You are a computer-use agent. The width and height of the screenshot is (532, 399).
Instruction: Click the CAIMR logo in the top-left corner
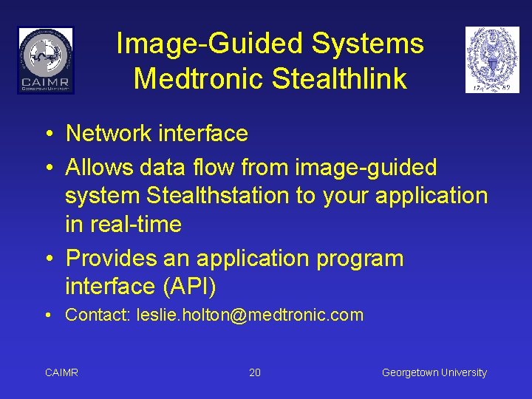pos(46,60)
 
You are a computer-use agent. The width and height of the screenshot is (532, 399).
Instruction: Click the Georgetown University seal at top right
pos(492,60)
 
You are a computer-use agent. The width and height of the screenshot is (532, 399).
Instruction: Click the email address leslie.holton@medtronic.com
pos(250,316)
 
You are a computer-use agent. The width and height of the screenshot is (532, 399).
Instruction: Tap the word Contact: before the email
pos(98,316)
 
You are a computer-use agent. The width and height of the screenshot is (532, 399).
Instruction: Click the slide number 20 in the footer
pos(255,372)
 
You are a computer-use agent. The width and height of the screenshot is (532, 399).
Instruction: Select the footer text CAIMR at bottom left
pos(61,372)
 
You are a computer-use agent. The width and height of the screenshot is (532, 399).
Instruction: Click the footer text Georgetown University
pos(434,372)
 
